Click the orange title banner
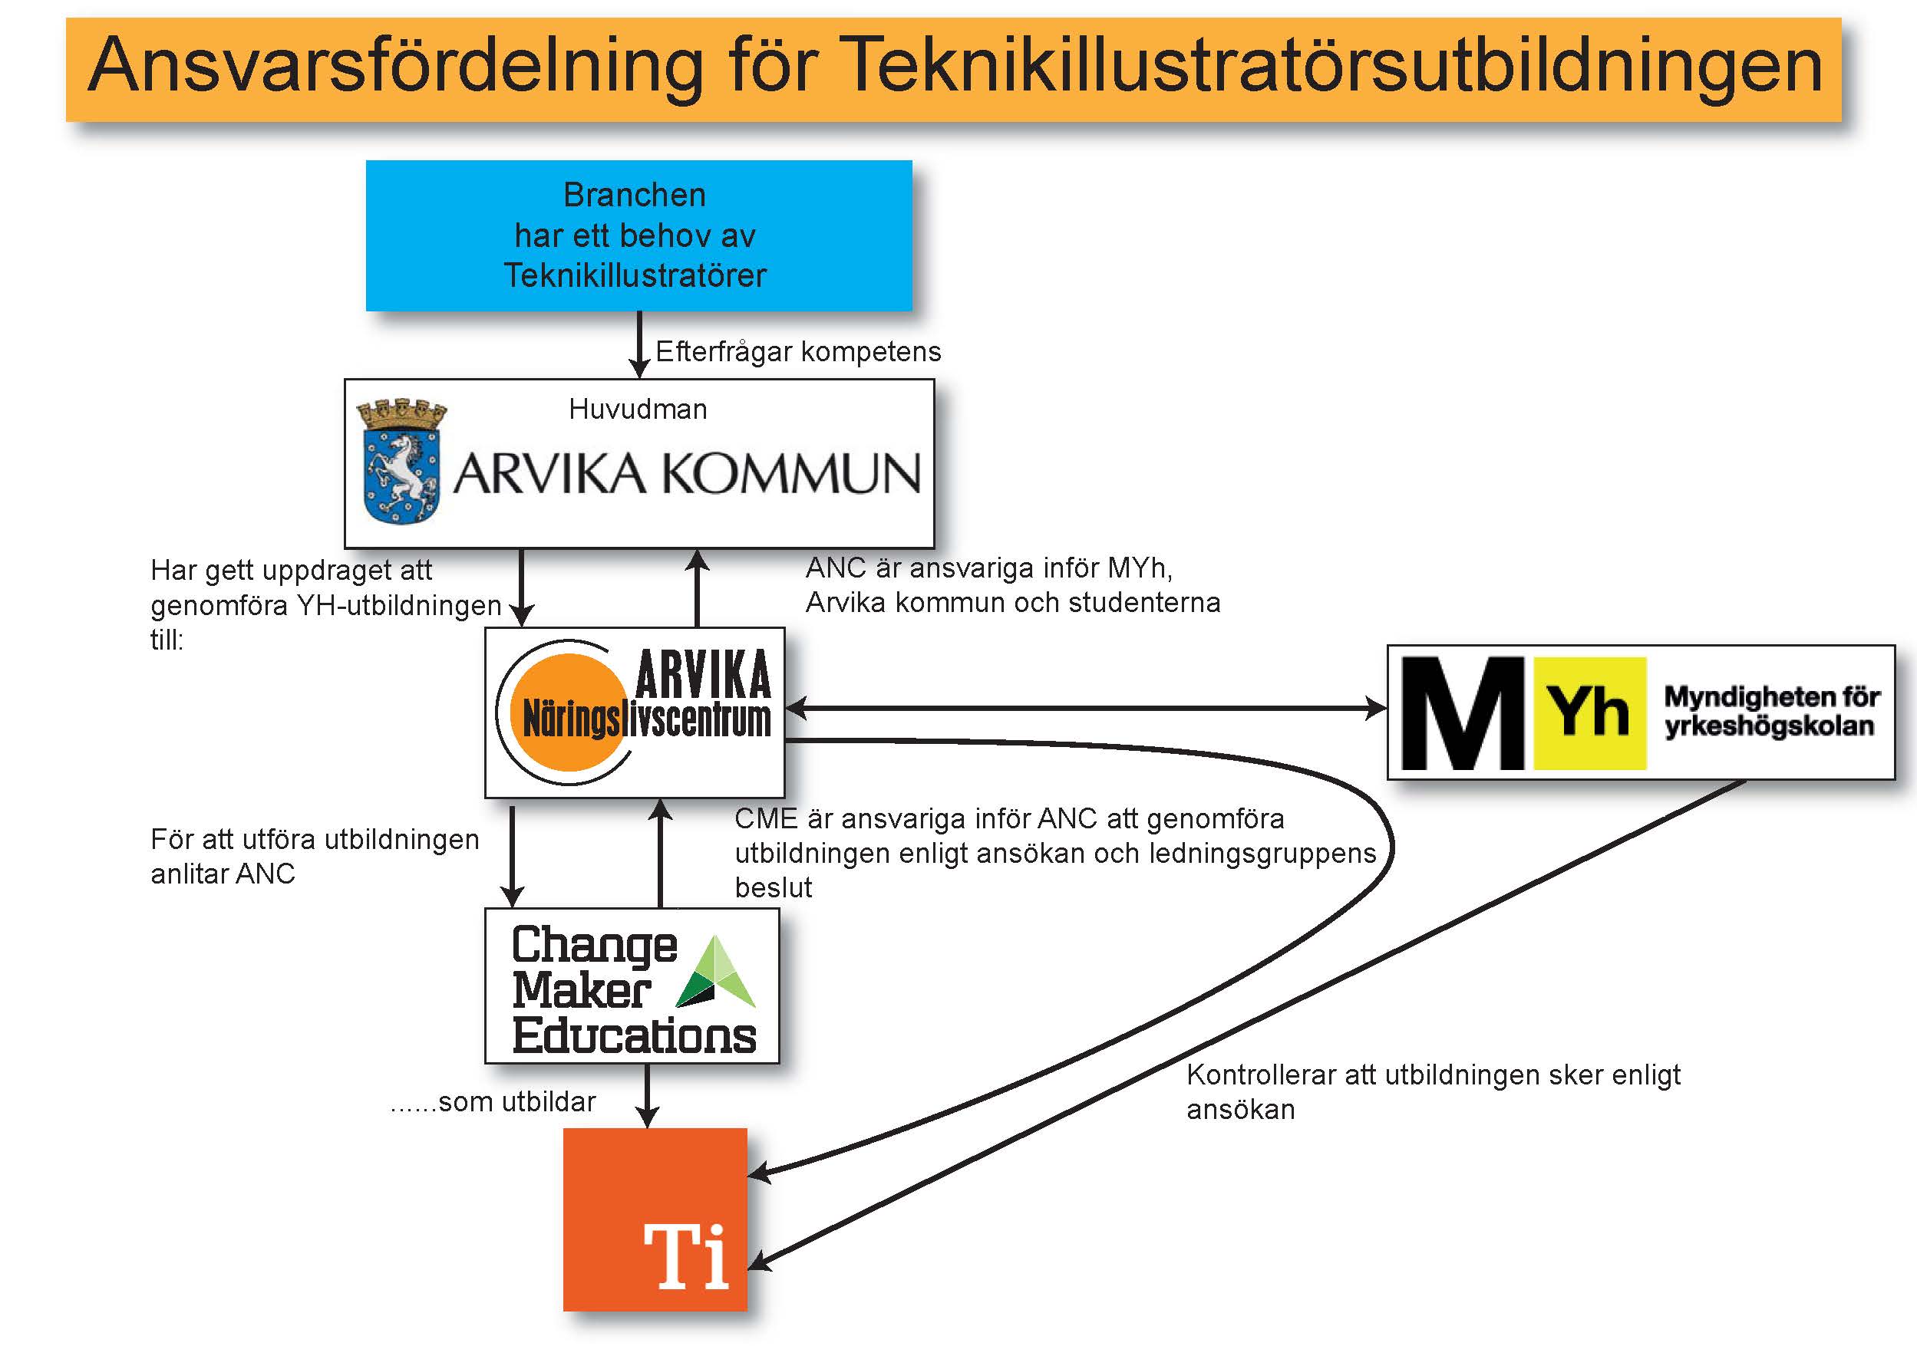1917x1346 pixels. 953,69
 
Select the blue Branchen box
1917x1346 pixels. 638,235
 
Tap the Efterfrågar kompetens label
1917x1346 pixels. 798,351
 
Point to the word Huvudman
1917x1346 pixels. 638,409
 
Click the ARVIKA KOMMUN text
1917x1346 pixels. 687,473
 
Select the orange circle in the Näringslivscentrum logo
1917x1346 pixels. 570,712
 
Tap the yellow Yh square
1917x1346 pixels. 1591,712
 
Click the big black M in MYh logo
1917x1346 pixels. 1463,712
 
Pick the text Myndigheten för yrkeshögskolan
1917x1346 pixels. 1772,711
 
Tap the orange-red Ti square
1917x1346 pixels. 655,1219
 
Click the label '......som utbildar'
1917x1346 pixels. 493,1101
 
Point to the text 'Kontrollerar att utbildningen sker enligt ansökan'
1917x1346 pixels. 1434,1091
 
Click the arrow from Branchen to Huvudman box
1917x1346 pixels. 639,344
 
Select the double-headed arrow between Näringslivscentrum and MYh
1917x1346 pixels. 1086,709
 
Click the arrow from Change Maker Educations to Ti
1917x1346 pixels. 647,1096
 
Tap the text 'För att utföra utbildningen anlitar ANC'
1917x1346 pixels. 315,856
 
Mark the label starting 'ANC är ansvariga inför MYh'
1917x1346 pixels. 1013,585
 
